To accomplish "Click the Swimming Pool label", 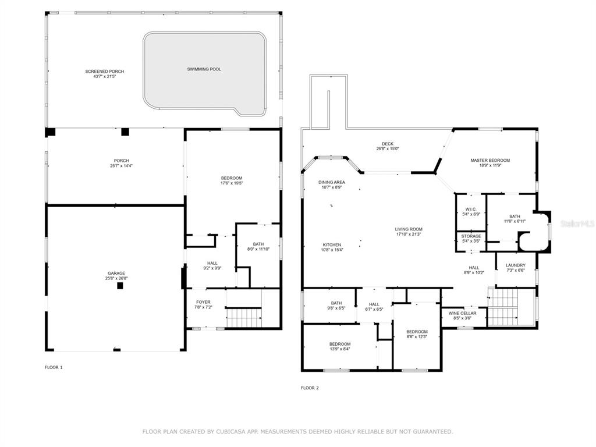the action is point(204,69).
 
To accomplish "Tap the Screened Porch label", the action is point(105,72).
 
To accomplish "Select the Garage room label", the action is point(116,274).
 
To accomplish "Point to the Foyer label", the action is point(203,302).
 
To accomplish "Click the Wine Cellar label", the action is point(462,313).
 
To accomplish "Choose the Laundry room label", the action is point(516,265).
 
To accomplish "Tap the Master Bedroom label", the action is point(490,161).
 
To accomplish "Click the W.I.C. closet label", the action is point(471,210).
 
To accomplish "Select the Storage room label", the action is point(471,236).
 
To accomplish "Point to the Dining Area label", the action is point(332,182).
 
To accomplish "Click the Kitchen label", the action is point(332,245).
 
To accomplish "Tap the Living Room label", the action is point(409,229).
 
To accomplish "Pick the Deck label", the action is point(388,144).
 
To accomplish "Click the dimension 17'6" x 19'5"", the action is point(232,183).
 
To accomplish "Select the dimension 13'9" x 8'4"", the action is point(340,349).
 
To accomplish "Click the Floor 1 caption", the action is point(54,367).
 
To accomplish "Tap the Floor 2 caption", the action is point(310,388).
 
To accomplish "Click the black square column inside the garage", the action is point(120,286).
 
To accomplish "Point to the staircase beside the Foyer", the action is point(244,317).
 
